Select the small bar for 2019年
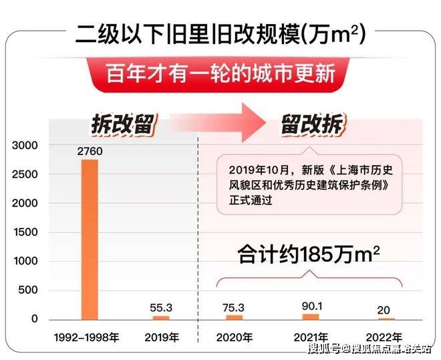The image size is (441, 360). (x=161, y=317)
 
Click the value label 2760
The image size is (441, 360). (x=90, y=152)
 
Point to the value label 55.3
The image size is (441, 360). (x=161, y=307)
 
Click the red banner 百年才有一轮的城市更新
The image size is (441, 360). (x=220, y=71)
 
